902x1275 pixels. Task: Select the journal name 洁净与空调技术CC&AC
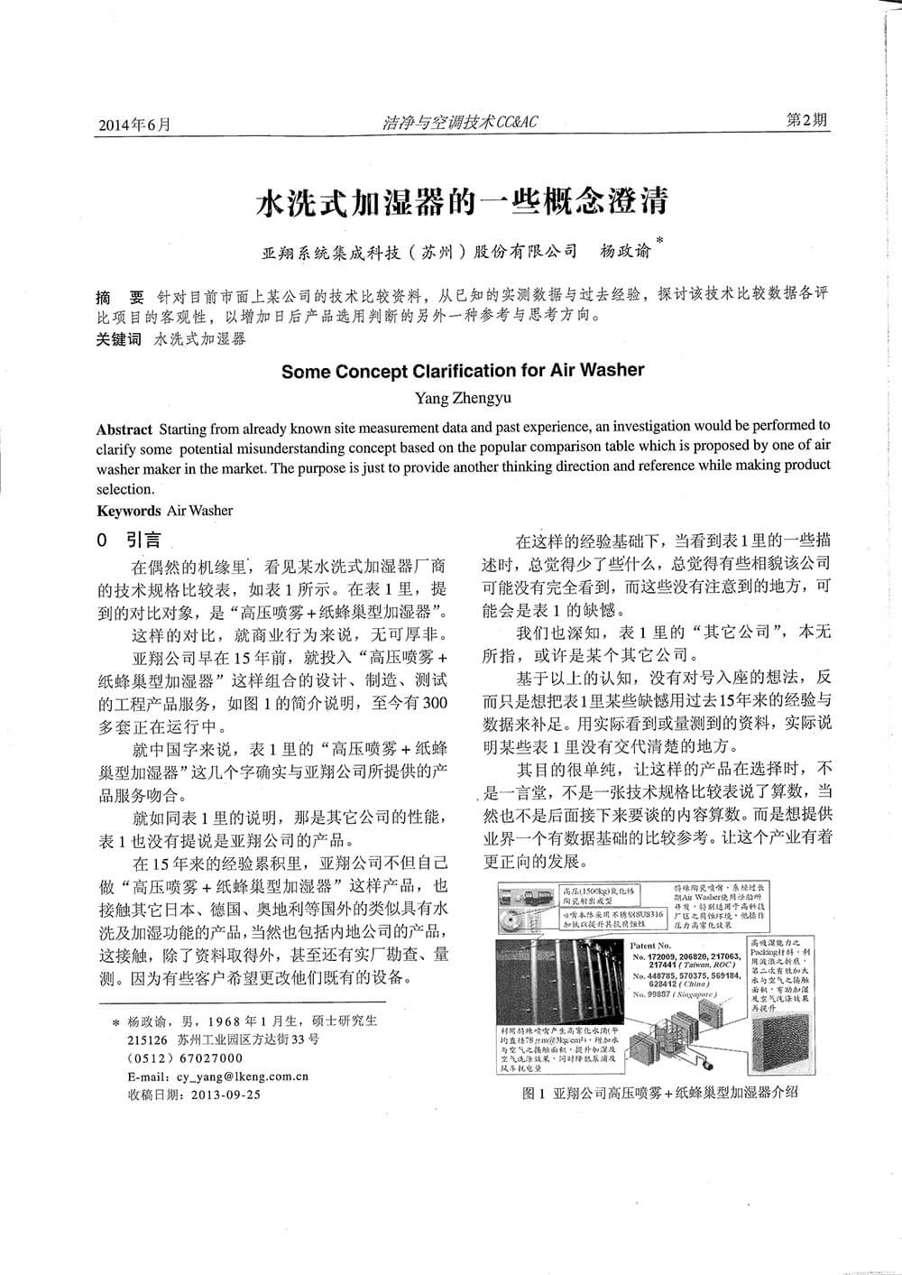[x=459, y=122]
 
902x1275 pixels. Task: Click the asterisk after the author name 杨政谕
[x=660, y=241]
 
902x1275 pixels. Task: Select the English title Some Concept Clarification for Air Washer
[x=463, y=370]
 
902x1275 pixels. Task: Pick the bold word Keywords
[x=129, y=511]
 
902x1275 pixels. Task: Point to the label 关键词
[x=119, y=340]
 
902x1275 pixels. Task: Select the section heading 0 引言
[x=129, y=540]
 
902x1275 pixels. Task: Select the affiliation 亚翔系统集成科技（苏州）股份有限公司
[x=419, y=251]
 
